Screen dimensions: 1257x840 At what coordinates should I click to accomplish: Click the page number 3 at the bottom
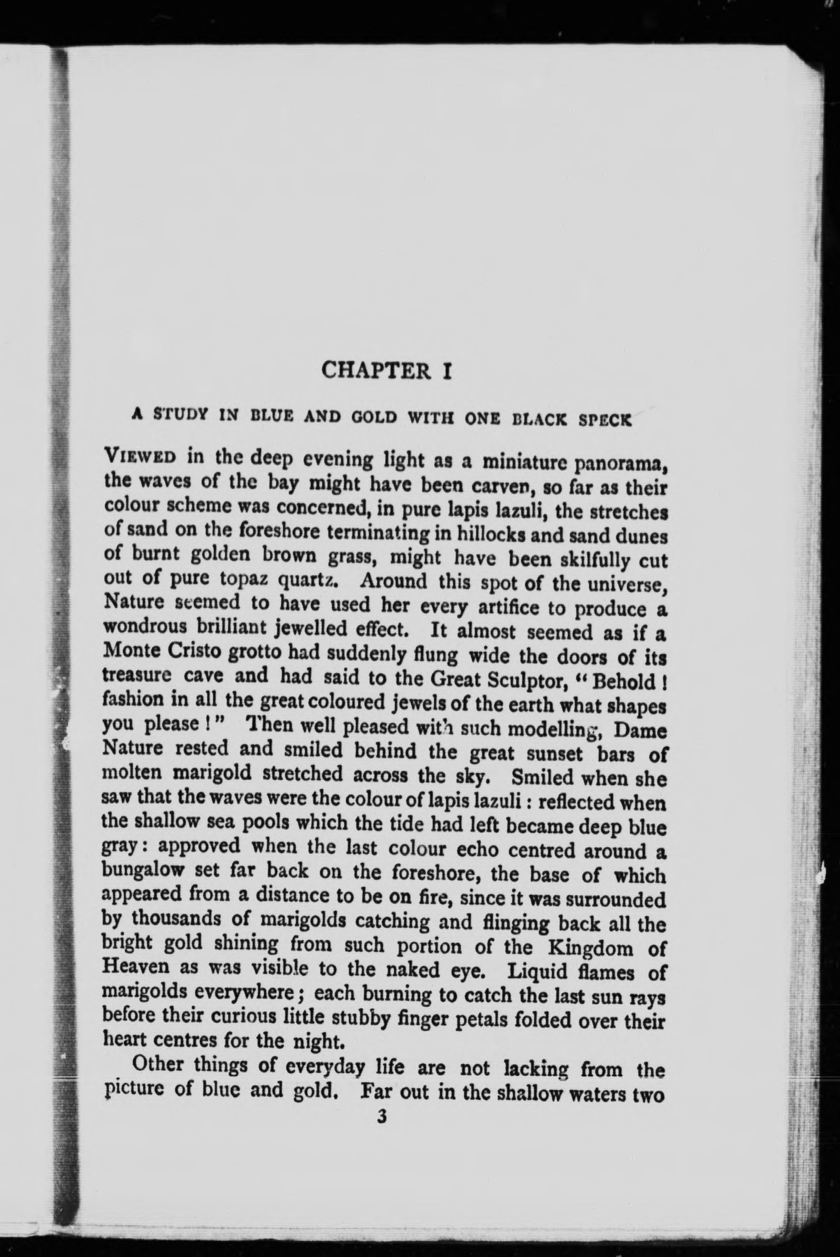[x=381, y=1117]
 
